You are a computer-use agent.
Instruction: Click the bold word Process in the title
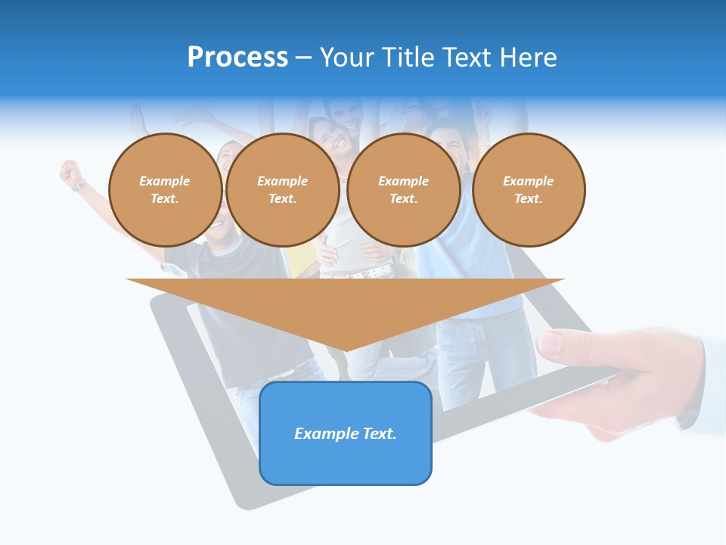tap(237, 58)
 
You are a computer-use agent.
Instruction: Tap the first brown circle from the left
tap(165, 189)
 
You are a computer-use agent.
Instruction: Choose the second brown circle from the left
tap(282, 189)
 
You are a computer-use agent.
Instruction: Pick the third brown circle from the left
tap(403, 189)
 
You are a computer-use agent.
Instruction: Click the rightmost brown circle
tap(528, 189)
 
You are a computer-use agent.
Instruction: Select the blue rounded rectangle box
tap(346, 462)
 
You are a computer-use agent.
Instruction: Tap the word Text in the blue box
tap(379, 434)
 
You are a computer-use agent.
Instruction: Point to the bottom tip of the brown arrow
tap(346, 350)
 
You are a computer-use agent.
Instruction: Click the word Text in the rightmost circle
tap(528, 198)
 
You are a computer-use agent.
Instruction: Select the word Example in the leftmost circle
tap(165, 181)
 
